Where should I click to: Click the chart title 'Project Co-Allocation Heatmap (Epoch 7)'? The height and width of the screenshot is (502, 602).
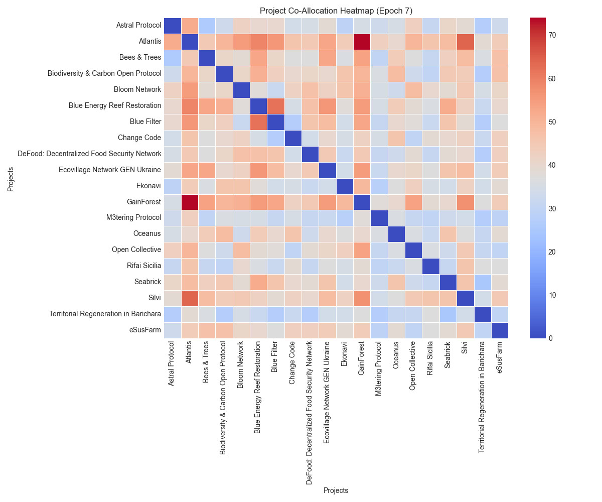click(336, 11)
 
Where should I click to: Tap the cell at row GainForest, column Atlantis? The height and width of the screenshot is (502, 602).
click(190, 202)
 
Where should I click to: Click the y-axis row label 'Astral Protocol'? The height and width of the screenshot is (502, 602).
click(138, 26)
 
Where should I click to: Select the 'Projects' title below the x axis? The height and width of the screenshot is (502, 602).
click(336, 490)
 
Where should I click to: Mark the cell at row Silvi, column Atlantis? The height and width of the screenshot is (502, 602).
click(190, 298)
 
